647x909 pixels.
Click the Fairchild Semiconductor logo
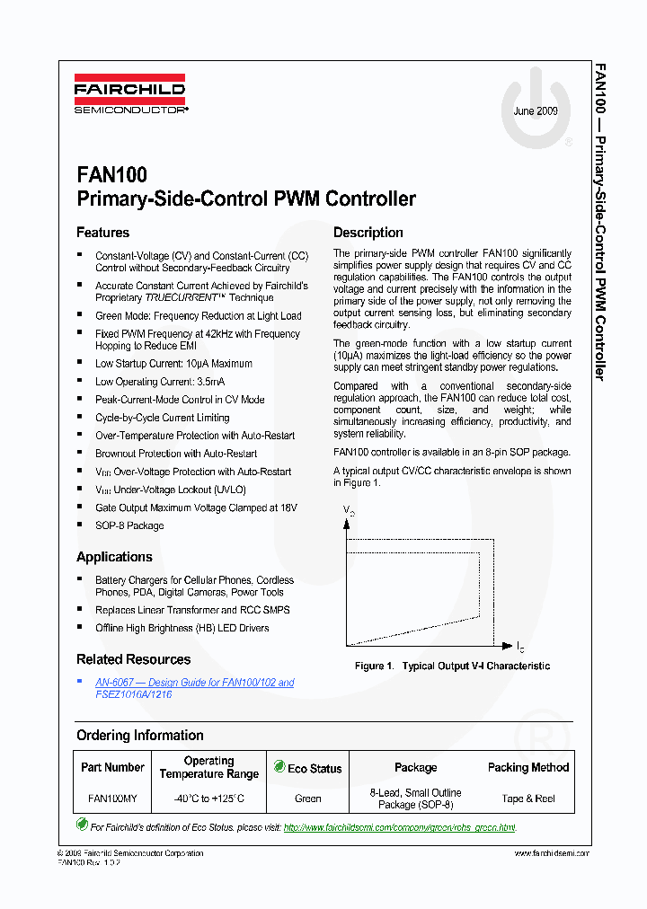(130, 98)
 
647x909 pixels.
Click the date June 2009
(536, 111)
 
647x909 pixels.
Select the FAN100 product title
(111, 174)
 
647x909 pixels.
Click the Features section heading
(102, 233)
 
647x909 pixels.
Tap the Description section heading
(368, 233)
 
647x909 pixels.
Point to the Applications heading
(114, 557)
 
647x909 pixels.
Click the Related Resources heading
(133, 659)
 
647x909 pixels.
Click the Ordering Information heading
(139, 736)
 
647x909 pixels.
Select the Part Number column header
(112, 767)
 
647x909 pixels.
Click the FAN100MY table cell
(112, 798)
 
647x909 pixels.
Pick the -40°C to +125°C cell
(208, 798)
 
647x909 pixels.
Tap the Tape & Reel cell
(527, 798)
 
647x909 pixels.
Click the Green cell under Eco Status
(307, 798)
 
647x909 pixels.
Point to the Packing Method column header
(527, 767)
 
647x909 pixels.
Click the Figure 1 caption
(452, 666)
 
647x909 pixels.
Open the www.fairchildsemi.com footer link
(551, 853)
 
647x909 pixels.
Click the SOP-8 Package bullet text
(129, 525)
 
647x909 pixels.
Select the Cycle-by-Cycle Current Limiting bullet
(162, 418)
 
